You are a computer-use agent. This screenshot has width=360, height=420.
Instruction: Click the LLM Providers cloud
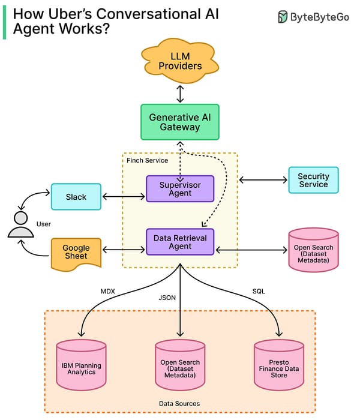(179, 61)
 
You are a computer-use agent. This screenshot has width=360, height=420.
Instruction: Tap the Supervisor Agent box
(180, 188)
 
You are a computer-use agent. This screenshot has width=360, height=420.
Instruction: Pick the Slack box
(76, 197)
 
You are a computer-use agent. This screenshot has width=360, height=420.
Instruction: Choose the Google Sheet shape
(76, 252)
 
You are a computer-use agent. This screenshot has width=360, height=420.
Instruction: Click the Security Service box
(313, 180)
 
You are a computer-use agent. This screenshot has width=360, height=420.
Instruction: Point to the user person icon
(20, 226)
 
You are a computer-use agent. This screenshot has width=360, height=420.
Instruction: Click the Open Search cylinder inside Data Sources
(180, 366)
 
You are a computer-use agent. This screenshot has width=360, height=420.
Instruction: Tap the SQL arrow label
(259, 291)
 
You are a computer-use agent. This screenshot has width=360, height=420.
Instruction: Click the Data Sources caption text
(179, 404)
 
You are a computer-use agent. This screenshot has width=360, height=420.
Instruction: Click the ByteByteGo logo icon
(283, 17)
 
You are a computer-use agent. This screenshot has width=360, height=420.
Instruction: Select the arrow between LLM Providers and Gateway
(180, 93)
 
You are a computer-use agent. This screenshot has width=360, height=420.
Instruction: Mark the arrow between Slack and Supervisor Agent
(125, 197)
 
